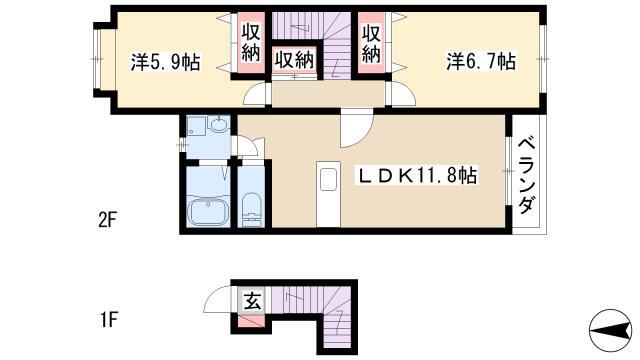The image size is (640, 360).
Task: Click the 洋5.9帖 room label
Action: coord(165,62)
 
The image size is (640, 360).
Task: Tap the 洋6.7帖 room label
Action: coord(481,61)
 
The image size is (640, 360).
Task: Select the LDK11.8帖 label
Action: coord(418,176)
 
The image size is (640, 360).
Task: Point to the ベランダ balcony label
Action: coord(527,176)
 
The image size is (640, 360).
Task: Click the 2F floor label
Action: coord(108,221)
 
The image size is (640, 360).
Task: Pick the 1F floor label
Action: coord(108,320)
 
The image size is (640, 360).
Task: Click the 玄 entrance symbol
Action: coord(252,302)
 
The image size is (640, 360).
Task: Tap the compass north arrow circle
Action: coord(611,330)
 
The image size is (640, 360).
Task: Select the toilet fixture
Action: coord(251,209)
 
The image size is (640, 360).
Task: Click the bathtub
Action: coord(208,211)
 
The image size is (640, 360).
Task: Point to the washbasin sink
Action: coord(220,123)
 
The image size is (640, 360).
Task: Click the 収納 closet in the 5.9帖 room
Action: coord(251,42)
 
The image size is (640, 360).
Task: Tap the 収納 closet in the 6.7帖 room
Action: coord(371,43)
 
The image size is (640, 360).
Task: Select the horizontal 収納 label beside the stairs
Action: coord(294,60)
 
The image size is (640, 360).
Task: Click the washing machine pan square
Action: coord(196,126)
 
